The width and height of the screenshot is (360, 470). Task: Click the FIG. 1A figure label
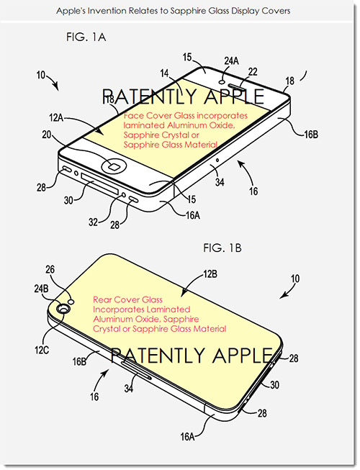tap(86, 37)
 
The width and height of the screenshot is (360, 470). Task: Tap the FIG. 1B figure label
tap(222, 248)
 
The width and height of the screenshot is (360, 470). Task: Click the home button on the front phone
tap(114, 166)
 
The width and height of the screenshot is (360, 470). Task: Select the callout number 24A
tap(231, 60)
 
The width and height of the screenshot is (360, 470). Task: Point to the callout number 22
tap(253, 71)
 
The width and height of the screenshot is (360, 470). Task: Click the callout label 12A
tap(56, 118)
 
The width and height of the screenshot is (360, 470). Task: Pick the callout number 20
tap(47, 135)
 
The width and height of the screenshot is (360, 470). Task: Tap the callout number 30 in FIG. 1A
tap(68, 199)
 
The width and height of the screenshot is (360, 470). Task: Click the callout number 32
tap(93, 222)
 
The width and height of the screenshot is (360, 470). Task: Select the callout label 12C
tap(42, 350)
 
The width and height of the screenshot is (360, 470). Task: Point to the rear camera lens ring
tap(63, 308)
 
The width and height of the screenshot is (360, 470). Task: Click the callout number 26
tap(50, 269)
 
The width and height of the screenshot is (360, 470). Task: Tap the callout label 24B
tap(41, 289)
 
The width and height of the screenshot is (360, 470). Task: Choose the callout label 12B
tap(210, 274)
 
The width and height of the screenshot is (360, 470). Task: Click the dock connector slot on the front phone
tap(99, 184)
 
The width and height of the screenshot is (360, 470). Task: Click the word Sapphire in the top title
tap(186, 11)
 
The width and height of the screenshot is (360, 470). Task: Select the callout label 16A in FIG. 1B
tap(187, 437)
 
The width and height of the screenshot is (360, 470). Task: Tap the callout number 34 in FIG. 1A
tap(220, 181)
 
